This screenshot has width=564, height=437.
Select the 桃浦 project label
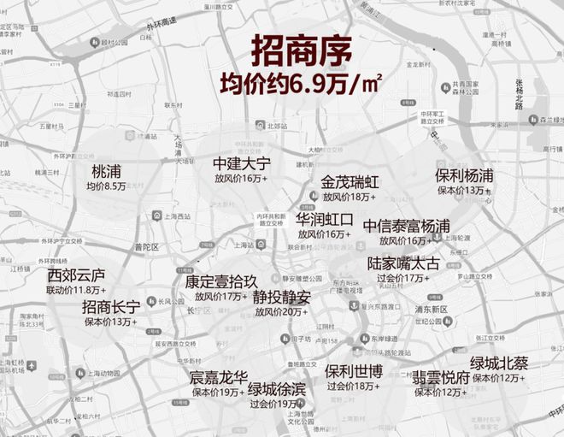point(107,171)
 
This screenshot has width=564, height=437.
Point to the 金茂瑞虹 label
point(350,182)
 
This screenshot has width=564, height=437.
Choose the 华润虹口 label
point(324,219)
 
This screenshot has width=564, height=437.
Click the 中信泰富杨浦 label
point(407,226)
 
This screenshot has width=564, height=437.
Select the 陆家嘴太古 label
point(403,263)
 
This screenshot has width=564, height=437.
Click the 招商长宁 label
point(111,306)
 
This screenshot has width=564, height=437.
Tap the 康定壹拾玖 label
point(220,281)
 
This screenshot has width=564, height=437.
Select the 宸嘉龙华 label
point(218,376)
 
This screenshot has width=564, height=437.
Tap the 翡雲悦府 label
point(441,376)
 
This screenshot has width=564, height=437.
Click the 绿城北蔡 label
point(499,363)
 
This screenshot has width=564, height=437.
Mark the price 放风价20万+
point(281,312)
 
